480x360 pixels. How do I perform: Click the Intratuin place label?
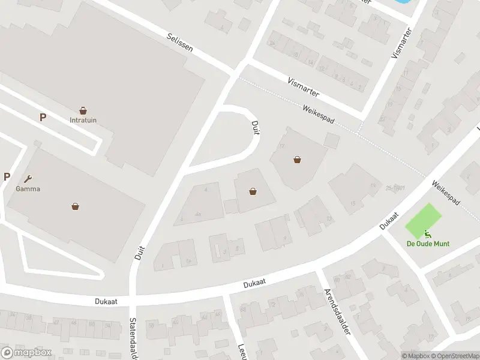[x=83, y=119]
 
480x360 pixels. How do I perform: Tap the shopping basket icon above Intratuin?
[x=83, y=110]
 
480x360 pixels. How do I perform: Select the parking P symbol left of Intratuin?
[x=43, y=118]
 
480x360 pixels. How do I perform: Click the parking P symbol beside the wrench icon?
[x=7, y=176]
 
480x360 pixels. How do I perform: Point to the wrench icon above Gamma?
[x=28, y=178]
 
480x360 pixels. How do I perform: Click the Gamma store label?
[x=28, y=188]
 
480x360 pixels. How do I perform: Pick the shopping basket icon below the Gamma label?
[x=76, y=206]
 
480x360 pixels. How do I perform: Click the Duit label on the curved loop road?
[x=255, y=125]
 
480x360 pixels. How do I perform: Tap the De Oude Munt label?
[x=428, y=244]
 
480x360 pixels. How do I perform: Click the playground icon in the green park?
[x=427, y=233]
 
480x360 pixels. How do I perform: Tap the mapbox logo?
[x=26, y=352]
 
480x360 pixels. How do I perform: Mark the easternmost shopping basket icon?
[x=297, y=160]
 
